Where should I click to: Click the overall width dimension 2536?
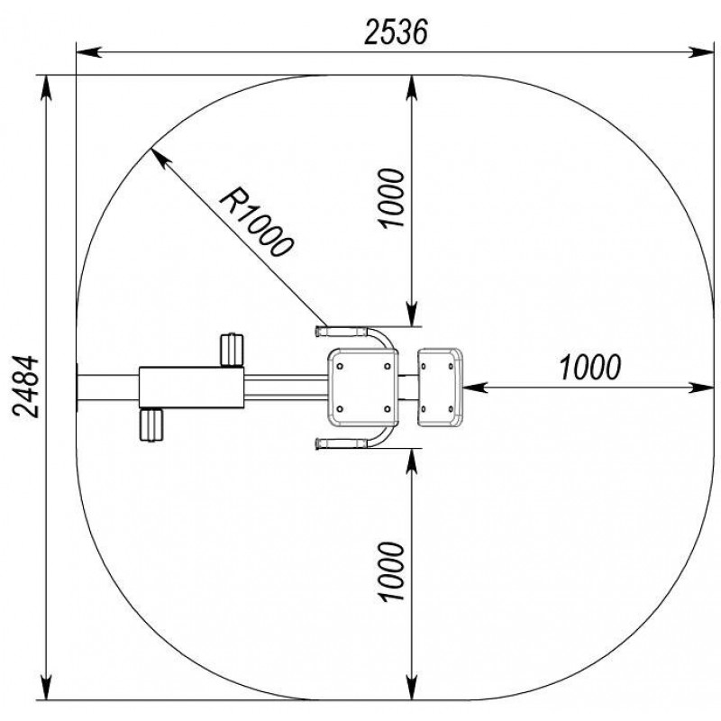pos(396,32)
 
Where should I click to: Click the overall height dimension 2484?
pos(26,387)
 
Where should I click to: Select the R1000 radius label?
pos(256,222)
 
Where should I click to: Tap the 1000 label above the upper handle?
pos(391,198)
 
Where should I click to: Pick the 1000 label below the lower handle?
pos(391,571)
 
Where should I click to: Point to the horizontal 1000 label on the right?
pos(590,368)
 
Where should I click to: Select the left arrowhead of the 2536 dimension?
pos(88,52)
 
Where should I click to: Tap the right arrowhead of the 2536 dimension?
pos(701,52)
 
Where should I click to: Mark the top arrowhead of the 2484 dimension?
pos(47,87)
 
